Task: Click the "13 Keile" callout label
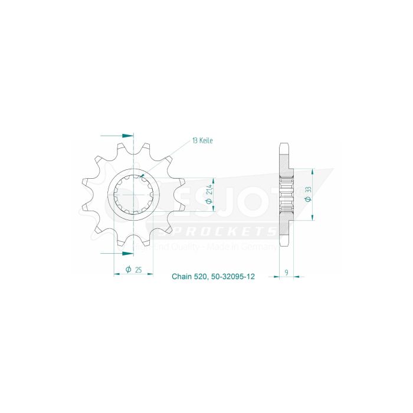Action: (202, 140)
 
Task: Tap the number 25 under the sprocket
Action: (137, 270)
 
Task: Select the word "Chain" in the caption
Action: (181, 276)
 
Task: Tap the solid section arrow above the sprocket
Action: (126, 135)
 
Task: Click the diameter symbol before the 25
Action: (128, 270)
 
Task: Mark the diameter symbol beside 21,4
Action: (209, 202)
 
